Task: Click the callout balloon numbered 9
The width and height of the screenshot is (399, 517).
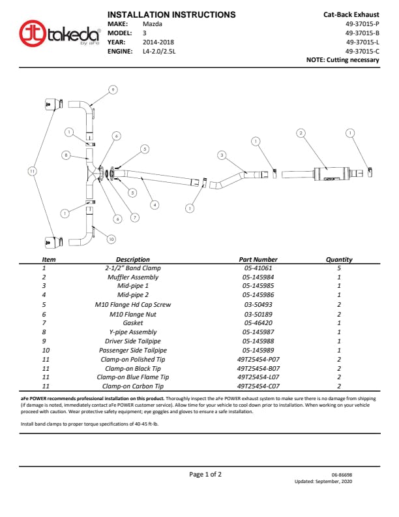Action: (x=113, y=89)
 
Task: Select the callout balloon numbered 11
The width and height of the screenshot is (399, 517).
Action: (x=31, y=171)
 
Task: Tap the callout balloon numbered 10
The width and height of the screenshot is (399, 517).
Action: (x=111, y=240)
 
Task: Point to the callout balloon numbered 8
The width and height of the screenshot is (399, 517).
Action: (x=66, y=155)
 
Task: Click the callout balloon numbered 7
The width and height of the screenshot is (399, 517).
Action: (x=135, y=217)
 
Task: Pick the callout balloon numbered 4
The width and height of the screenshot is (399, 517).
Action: (x=155, y=205)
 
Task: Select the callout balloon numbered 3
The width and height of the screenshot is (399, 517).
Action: (x=222, y=155)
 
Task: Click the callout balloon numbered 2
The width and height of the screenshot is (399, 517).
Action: (x=301, y=133)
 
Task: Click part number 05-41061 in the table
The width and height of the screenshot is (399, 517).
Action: (x=258, y=268)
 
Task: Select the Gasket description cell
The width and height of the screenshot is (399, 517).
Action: (x=132, y=323)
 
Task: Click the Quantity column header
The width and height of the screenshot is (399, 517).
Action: (x=339, y=259)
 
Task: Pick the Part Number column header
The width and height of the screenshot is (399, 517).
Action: (x=258, y=259)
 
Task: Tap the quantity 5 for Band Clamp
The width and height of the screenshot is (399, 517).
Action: (x=339, y=268)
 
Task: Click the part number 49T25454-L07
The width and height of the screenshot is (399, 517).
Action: (x=258, y=377)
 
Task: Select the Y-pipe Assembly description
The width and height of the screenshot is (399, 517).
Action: (x=132, y=332)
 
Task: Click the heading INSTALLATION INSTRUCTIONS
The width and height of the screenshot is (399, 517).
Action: (x=171, y=14)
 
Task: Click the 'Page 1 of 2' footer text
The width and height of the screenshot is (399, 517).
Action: (x=205, y=475)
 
